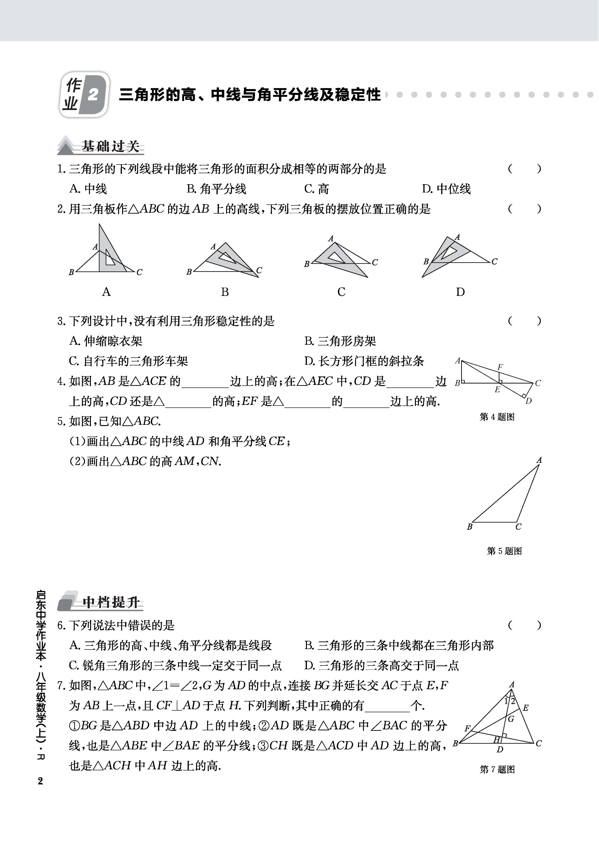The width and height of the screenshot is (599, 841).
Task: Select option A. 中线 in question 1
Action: coord(88,189)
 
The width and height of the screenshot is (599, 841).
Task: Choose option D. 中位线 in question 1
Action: coord(446,189)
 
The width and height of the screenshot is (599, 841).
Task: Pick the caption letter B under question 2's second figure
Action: coord(225,292)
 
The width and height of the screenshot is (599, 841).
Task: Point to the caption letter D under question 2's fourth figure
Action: coord(460,292)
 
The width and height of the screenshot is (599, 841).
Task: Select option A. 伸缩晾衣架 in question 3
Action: coord(106,341)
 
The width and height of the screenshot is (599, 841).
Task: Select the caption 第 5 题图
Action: coord(504,551)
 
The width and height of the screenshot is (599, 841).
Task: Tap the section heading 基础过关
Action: coord(111,146)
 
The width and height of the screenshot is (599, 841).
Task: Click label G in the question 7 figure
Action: coord(511,719)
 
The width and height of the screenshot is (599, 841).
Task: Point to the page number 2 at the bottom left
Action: coord(40,781)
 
